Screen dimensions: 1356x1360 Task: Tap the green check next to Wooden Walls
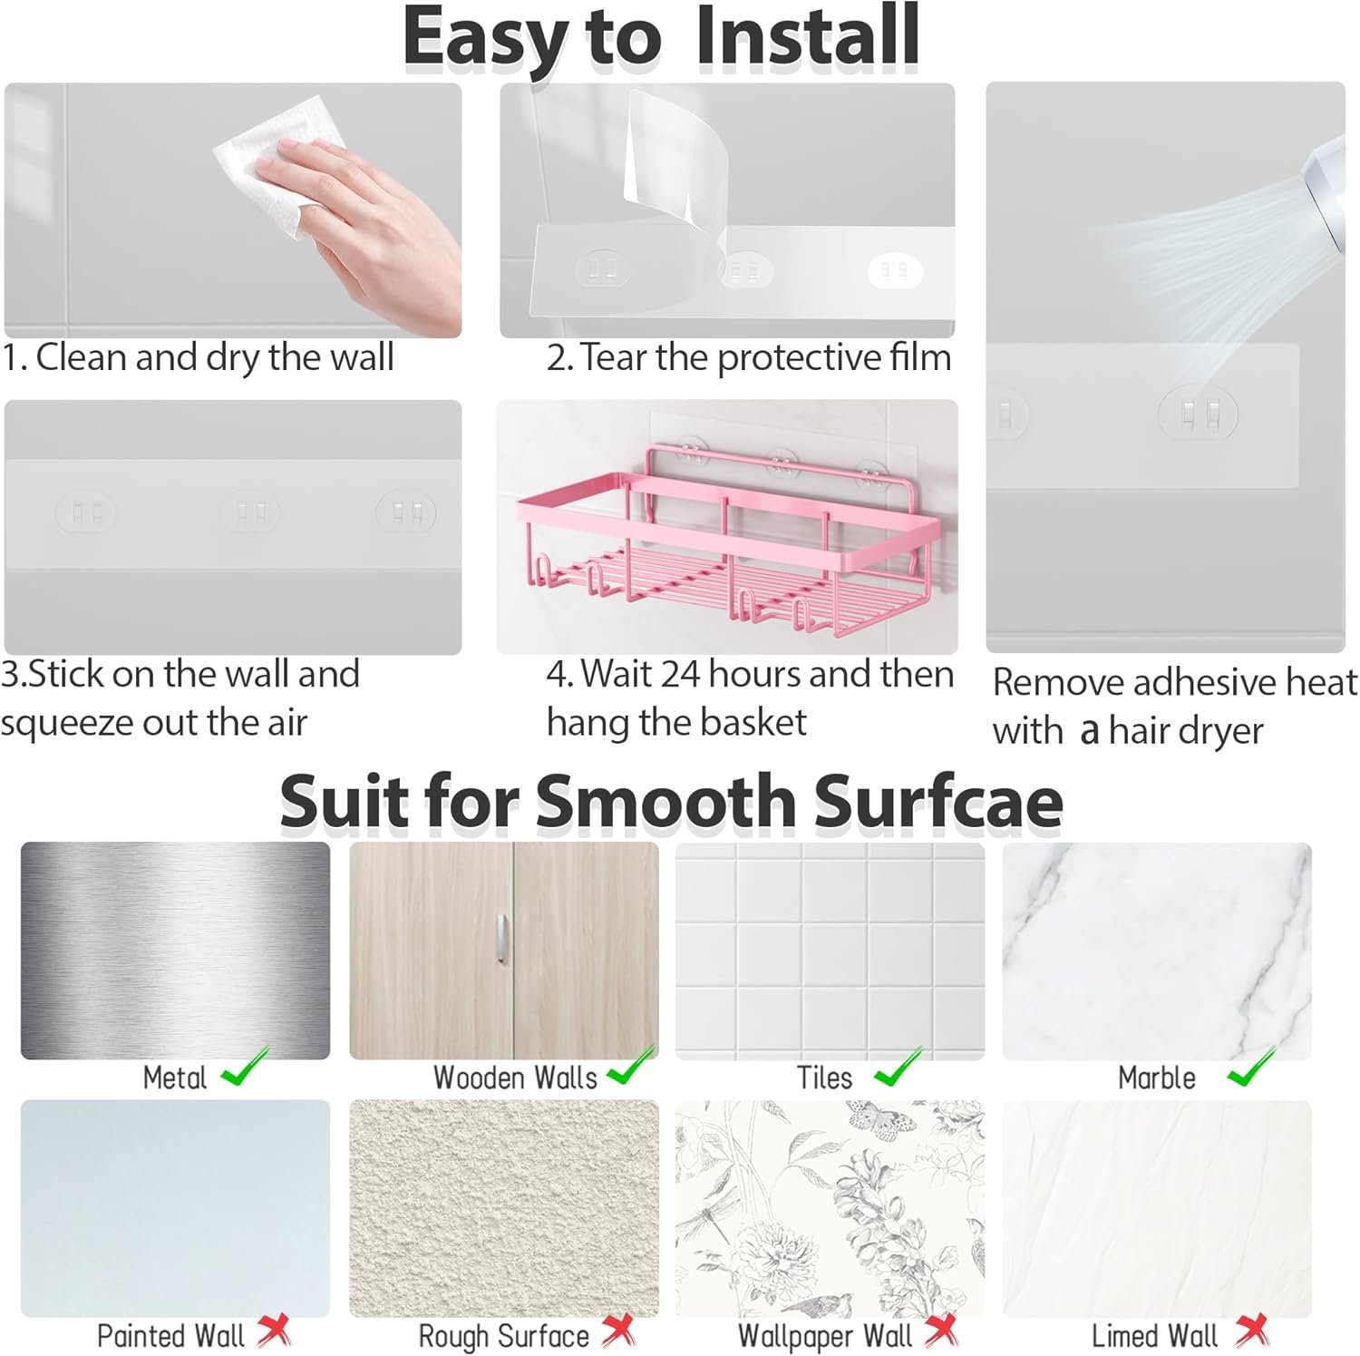pyautogui.click(x=631, y=1068)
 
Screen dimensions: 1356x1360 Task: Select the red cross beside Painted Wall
pyautogui.click(x=274, y=1332)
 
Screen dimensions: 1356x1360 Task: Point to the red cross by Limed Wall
pyautogui.click(x=1252, y=1332)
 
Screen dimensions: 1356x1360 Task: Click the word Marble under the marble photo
pyautogui.click(x=1156, y=1078)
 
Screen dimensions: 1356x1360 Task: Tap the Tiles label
pyautogui.click(x=824, y=1078)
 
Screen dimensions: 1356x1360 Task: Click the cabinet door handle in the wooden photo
pyautogui.click(x=502, y=941)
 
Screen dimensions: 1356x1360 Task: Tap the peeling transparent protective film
pyautogui.click(x=666, y=154)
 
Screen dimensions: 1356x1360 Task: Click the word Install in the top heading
pyautogui.click(x=807, y=38)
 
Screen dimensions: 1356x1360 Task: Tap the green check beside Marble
pyautogui.click(x=1251, y=1068)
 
